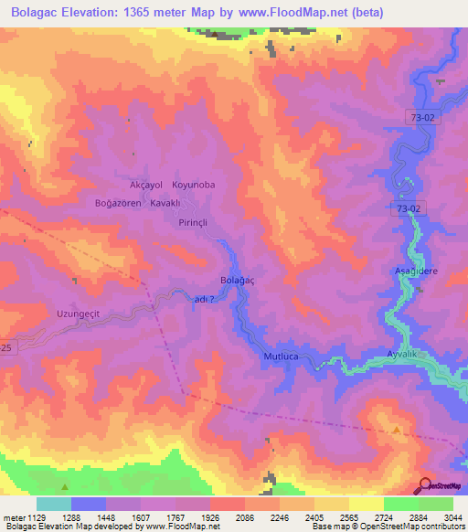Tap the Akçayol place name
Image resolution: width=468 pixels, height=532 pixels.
[133, 185]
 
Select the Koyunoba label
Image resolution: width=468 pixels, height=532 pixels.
[193, 185]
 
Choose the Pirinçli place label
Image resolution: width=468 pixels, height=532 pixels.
[194, 222]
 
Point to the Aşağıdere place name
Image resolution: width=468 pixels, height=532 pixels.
[411, 272]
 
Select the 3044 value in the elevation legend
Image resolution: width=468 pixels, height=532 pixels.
[441, 517]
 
